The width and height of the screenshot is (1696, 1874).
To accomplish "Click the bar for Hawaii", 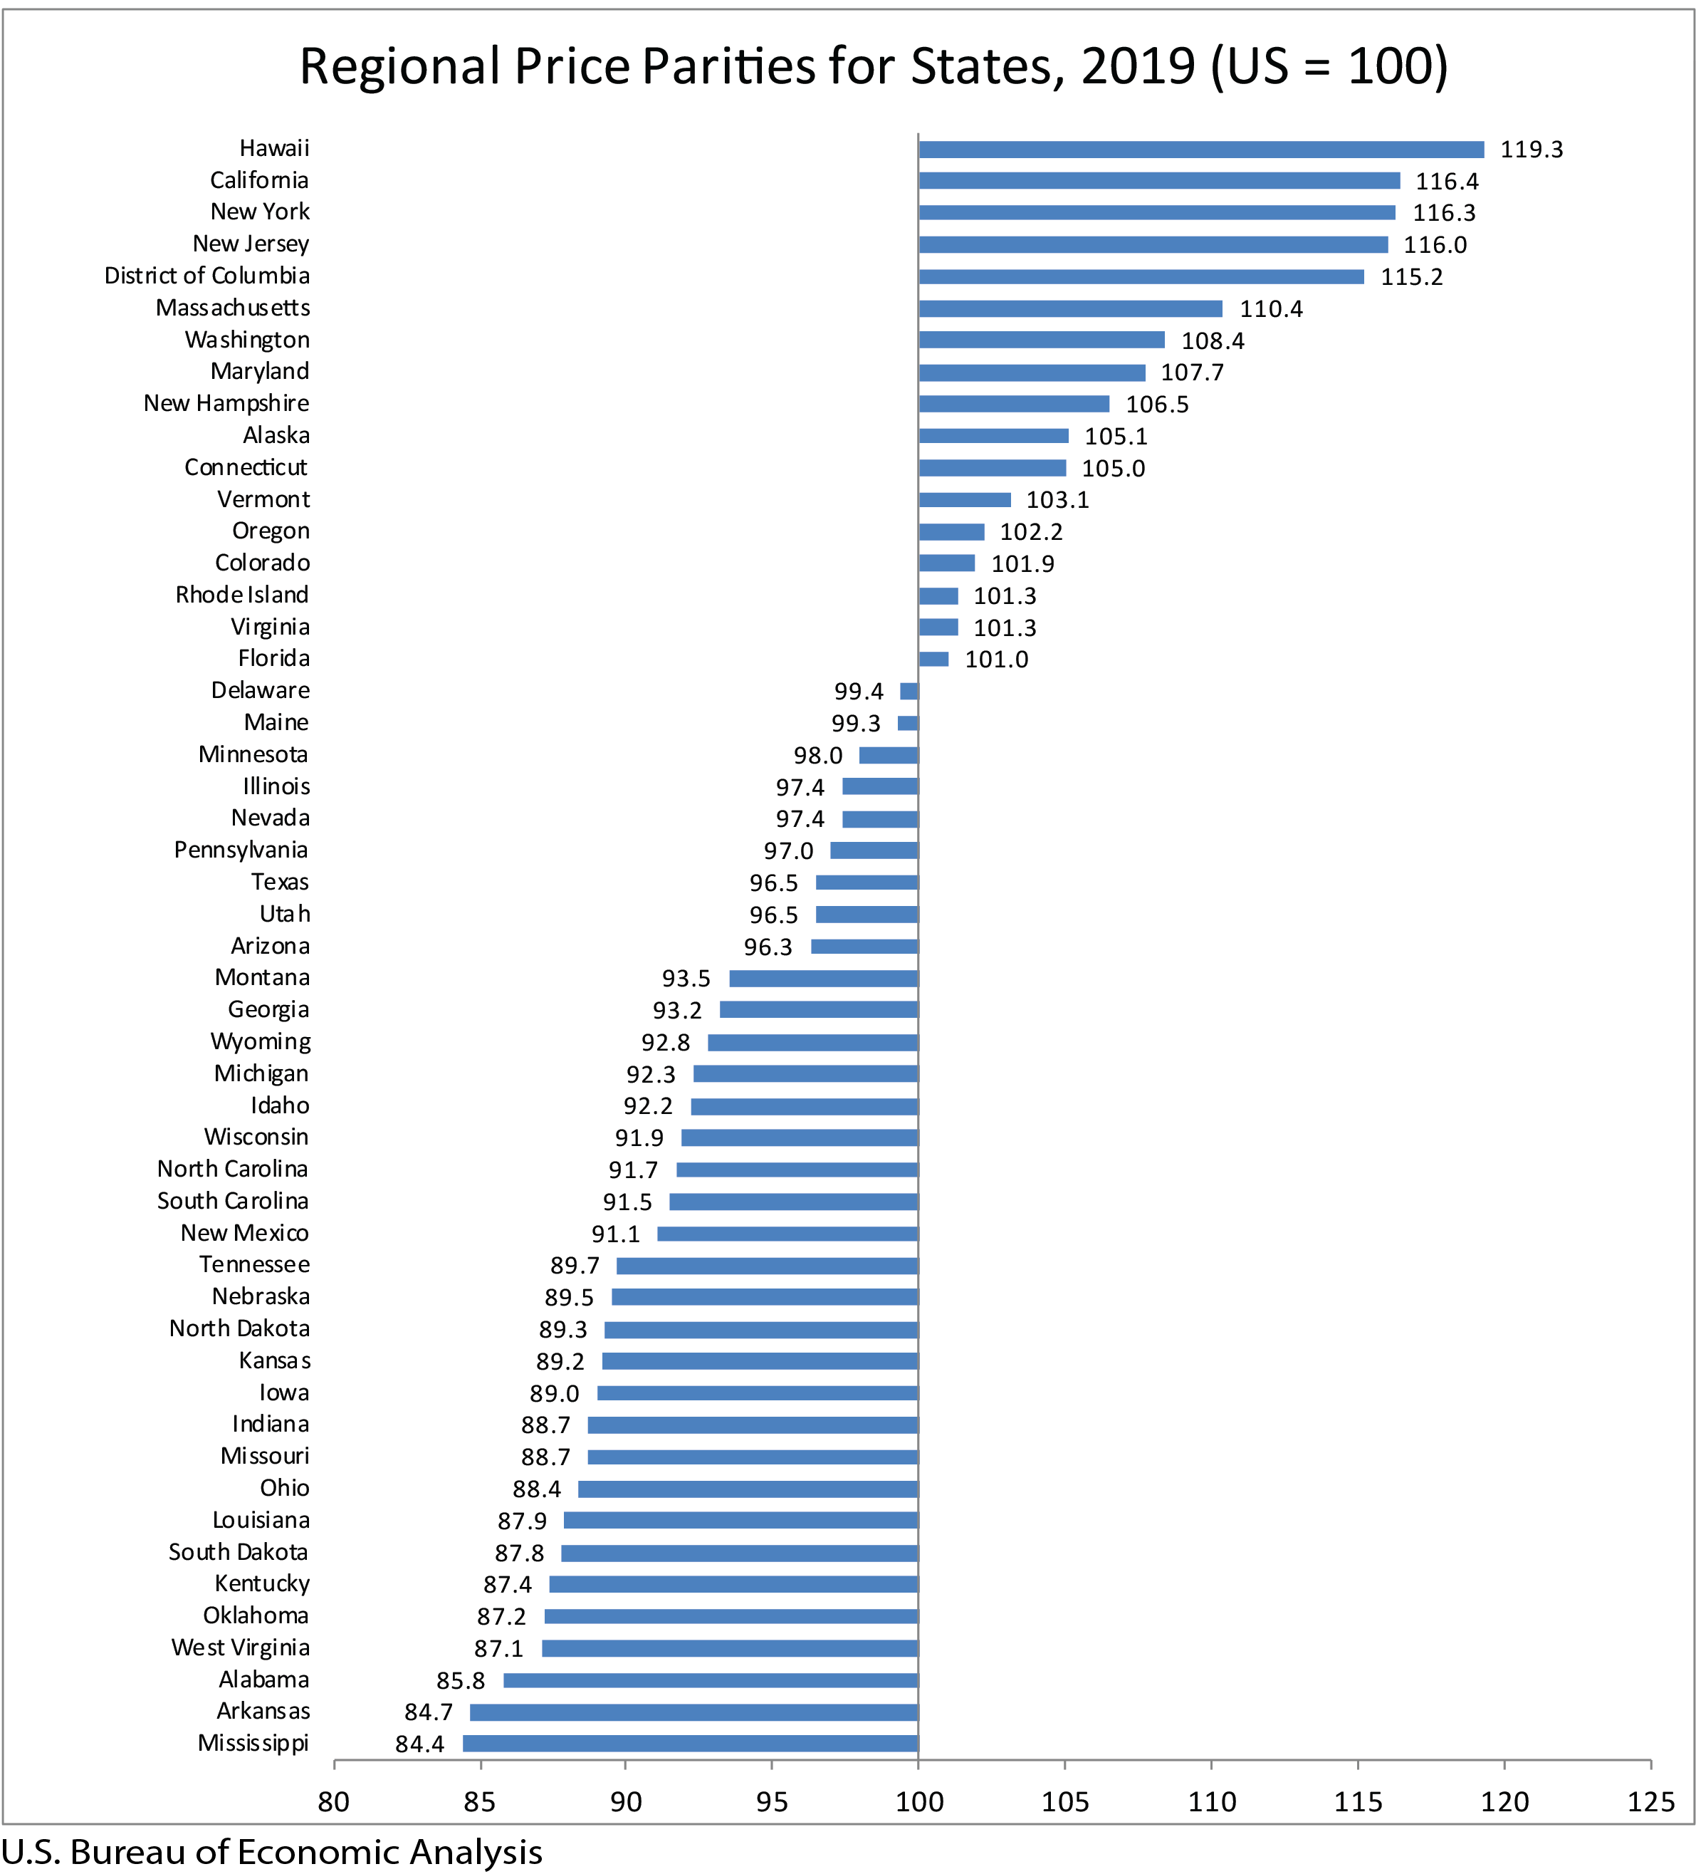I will (x=1200, y=150).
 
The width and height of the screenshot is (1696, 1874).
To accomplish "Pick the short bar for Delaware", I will (x=909, y=691).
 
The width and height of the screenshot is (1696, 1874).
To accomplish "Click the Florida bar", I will (x=933, y=659).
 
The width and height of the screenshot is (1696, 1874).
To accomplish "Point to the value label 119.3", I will (x=1531, y=150).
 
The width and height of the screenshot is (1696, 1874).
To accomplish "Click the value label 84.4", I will (x=419, y=1744).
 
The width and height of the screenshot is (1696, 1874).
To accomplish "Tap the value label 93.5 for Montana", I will (x=686, y=979).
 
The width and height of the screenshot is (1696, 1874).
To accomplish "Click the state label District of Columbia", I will (x=206, y=276).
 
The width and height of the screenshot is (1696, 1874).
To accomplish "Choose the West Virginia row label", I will (x=240, y=1647).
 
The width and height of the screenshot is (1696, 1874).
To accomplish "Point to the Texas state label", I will (x=280, y=883).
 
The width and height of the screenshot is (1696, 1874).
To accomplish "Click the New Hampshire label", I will (x=226, y=403).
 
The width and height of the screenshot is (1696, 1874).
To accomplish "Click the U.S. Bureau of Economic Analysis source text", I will (x=271, y=1852).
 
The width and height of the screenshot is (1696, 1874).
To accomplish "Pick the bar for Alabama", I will (x=710, y=1680).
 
